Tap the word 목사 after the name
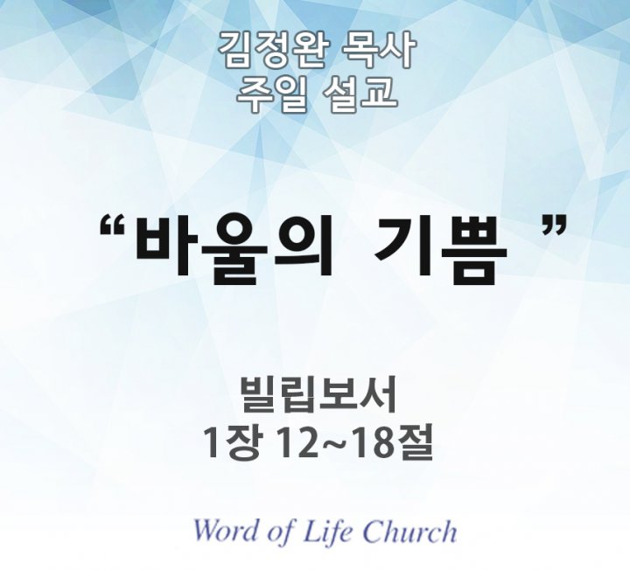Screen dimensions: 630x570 [376, 50]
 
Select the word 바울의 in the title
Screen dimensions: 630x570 [234, 250]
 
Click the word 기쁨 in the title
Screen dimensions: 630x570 [439, 250]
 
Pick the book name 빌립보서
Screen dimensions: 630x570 [318, 394]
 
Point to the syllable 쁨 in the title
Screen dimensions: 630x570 [474, 250]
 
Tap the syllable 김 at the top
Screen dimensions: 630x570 [235, 50]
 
